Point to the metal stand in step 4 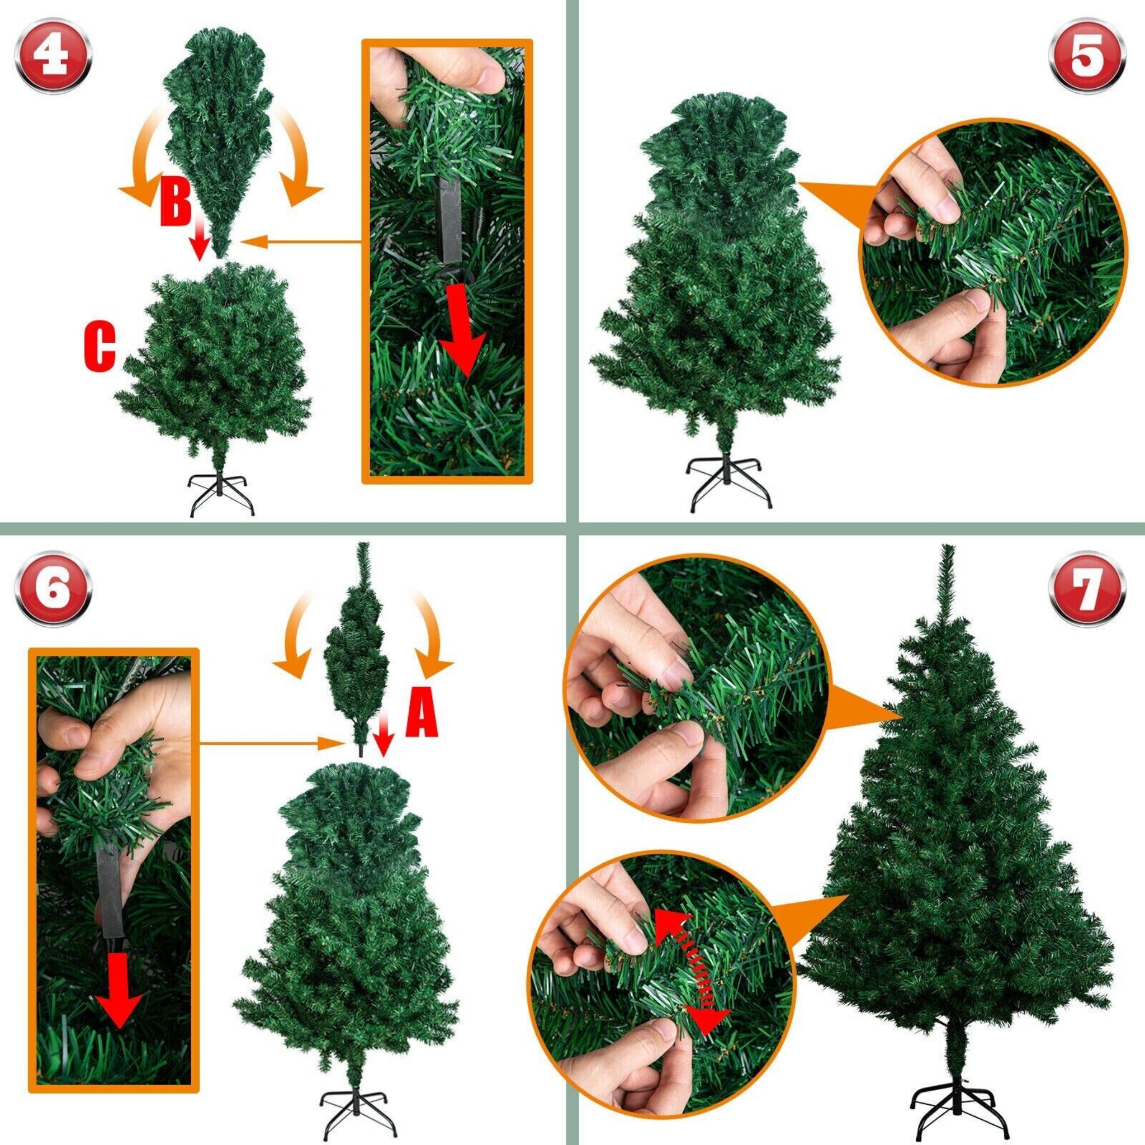[x=221, y=496]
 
